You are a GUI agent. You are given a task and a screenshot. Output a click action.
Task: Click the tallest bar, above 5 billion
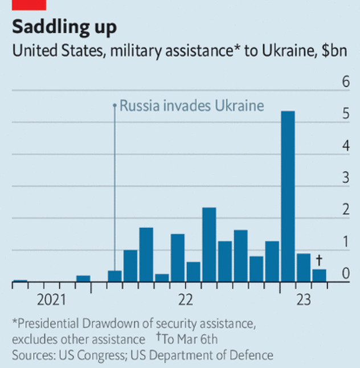tap(288, 197)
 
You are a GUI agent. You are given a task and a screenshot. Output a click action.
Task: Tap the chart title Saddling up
tap(64, 27)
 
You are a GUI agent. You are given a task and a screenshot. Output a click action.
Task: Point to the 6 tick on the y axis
tap(345, 82)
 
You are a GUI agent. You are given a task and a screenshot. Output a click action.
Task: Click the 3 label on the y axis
tap(345, 178)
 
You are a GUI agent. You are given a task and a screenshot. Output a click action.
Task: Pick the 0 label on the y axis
tap(345, 274)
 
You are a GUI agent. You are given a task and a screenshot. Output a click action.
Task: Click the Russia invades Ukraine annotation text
tap(191, 105)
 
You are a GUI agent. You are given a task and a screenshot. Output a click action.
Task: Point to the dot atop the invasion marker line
tap(114, 105)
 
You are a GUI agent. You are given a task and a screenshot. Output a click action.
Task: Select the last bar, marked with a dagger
tap(319, 276)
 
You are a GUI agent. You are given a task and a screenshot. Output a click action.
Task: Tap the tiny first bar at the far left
tap(20, 280)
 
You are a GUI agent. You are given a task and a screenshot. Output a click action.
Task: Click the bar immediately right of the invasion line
tap(130, 265)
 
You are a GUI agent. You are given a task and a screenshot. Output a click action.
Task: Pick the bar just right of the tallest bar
tap(304, 268)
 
